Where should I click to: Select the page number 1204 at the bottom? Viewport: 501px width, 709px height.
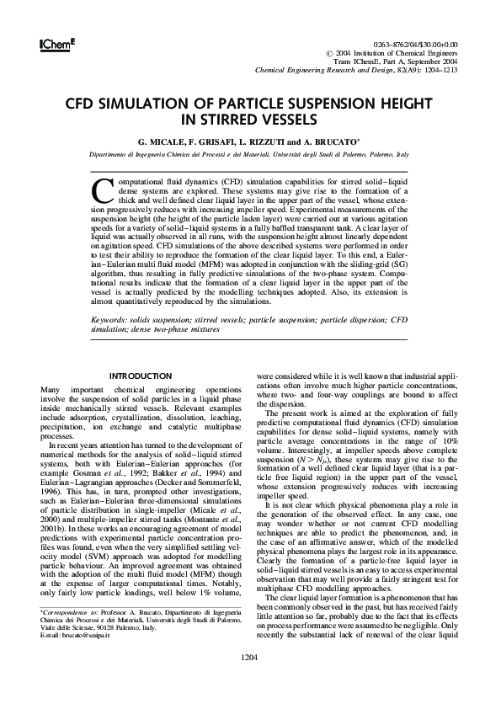249,680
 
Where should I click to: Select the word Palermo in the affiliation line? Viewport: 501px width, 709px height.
377,156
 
